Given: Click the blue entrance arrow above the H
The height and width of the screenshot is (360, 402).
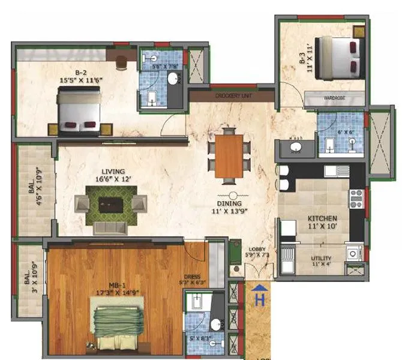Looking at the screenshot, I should [x=260, y=289].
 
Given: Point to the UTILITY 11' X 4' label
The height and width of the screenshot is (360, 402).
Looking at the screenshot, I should [x=322, y=260].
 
